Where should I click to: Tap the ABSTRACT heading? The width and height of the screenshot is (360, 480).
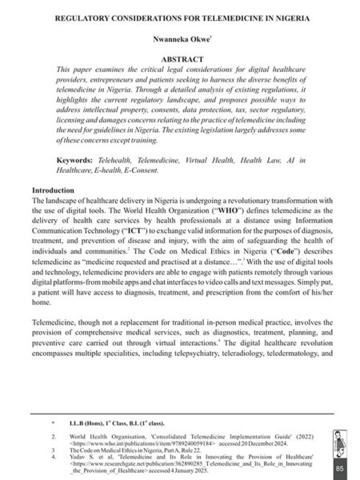click(179, 58)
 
